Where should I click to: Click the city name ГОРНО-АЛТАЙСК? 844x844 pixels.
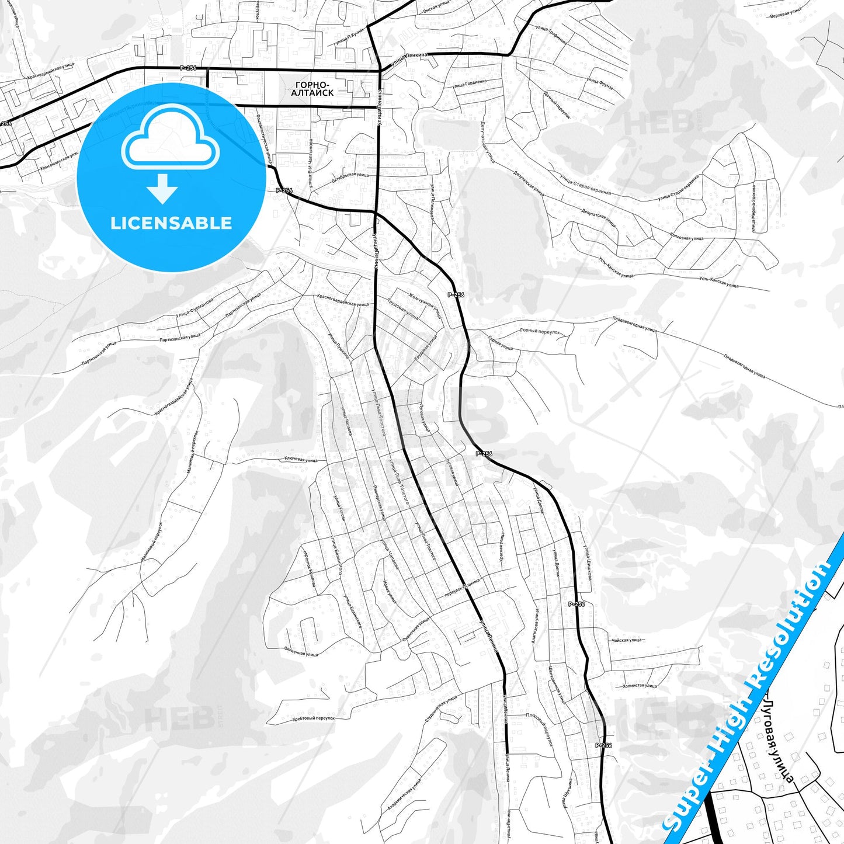click(x=312, y=89)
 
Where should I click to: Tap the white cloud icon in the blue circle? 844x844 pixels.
click(x=170, y=139)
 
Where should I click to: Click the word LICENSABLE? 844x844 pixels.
click(x=171, y=223)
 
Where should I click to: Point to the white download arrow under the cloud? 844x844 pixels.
click(x=162, y=188)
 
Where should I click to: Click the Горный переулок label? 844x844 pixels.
click(x=540, y=331)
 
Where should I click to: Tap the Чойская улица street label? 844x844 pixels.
click(x=627, y=640)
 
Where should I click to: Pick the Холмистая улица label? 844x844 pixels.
click(x=640, y=686)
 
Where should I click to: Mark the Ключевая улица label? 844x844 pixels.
click(x=301, y=460)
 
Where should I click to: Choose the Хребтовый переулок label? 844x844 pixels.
click(x=314, y=718)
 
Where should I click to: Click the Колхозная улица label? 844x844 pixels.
click(x=687, y=238)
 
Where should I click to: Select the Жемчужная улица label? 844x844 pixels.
click(x=425, y=305)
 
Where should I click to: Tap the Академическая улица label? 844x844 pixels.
click(x=404, y=794)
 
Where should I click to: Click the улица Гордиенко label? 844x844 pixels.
click(x=469, y=84)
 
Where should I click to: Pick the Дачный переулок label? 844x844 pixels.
click(x=557, y=105)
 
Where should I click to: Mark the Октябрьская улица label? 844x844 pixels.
click(x=350, y=178)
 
